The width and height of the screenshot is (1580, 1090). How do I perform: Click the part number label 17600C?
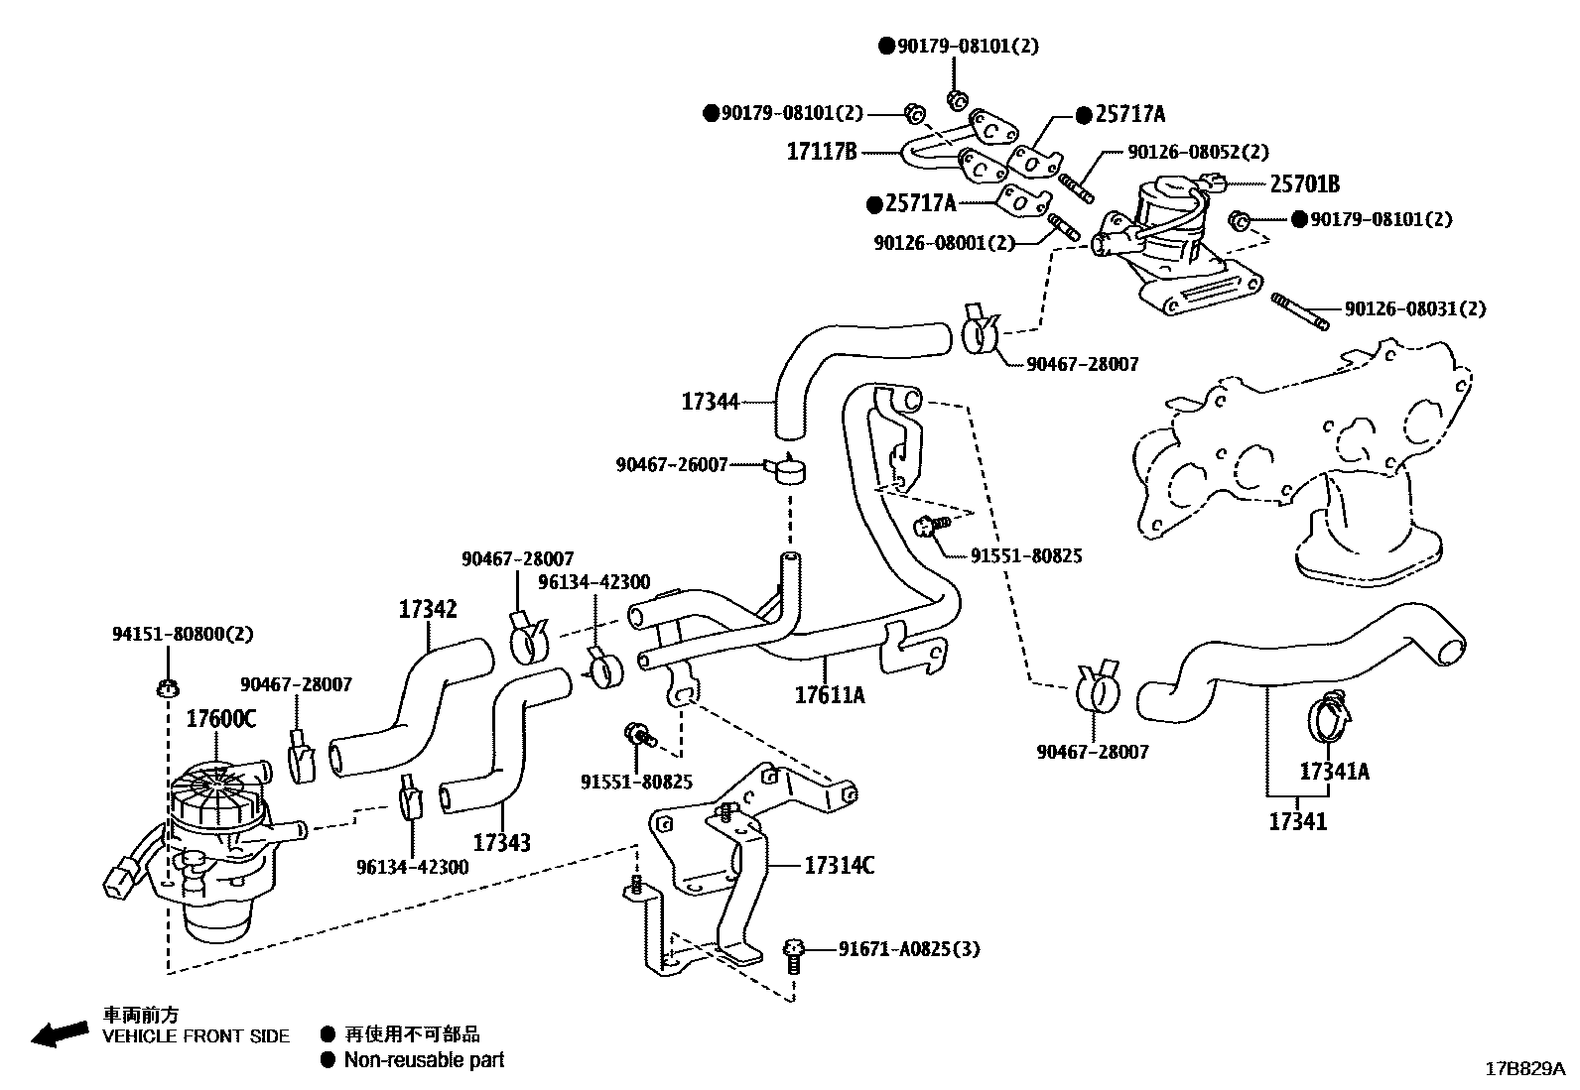220,718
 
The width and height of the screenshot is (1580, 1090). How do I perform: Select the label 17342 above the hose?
428,609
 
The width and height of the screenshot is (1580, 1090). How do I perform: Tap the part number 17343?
501,842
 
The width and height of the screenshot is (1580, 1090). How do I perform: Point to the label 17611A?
830,695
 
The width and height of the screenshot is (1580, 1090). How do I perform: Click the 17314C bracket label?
839,866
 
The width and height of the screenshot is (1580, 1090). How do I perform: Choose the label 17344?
710,402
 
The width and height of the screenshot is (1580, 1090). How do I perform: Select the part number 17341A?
1334,771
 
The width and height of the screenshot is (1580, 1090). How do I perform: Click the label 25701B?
1305,183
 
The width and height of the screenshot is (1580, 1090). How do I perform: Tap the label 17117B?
822,152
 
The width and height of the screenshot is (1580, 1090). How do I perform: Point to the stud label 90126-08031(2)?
1415,309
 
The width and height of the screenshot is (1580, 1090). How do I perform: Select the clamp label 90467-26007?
671,463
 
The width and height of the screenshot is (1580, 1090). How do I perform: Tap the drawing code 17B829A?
1524,1068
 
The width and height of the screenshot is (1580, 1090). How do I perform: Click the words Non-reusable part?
424,1059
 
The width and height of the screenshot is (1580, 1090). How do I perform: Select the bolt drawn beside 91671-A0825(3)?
792,954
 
